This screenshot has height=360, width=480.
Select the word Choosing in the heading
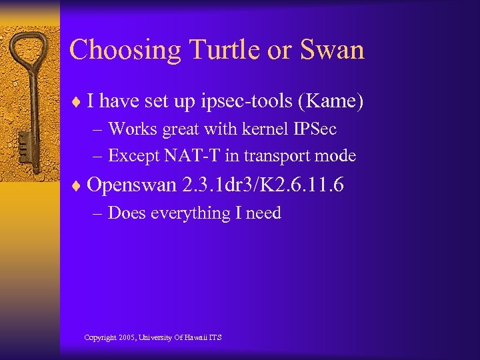(x=125, y=51)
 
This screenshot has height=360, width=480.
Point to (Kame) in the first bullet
(x=331, y=101)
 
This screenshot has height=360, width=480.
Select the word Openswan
(x=131, y=185)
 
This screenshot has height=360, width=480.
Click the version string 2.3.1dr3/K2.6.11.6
(x=263, y=185)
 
